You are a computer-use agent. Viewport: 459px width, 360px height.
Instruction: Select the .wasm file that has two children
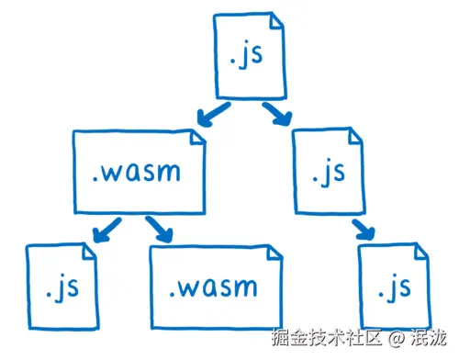pos(138,171)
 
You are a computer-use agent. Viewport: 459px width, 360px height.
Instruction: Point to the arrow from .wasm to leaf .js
pos(107,229)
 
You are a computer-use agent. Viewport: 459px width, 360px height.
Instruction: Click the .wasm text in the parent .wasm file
pos(138,172)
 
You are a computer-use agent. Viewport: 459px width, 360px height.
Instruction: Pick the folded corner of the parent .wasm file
pos(195,138)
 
